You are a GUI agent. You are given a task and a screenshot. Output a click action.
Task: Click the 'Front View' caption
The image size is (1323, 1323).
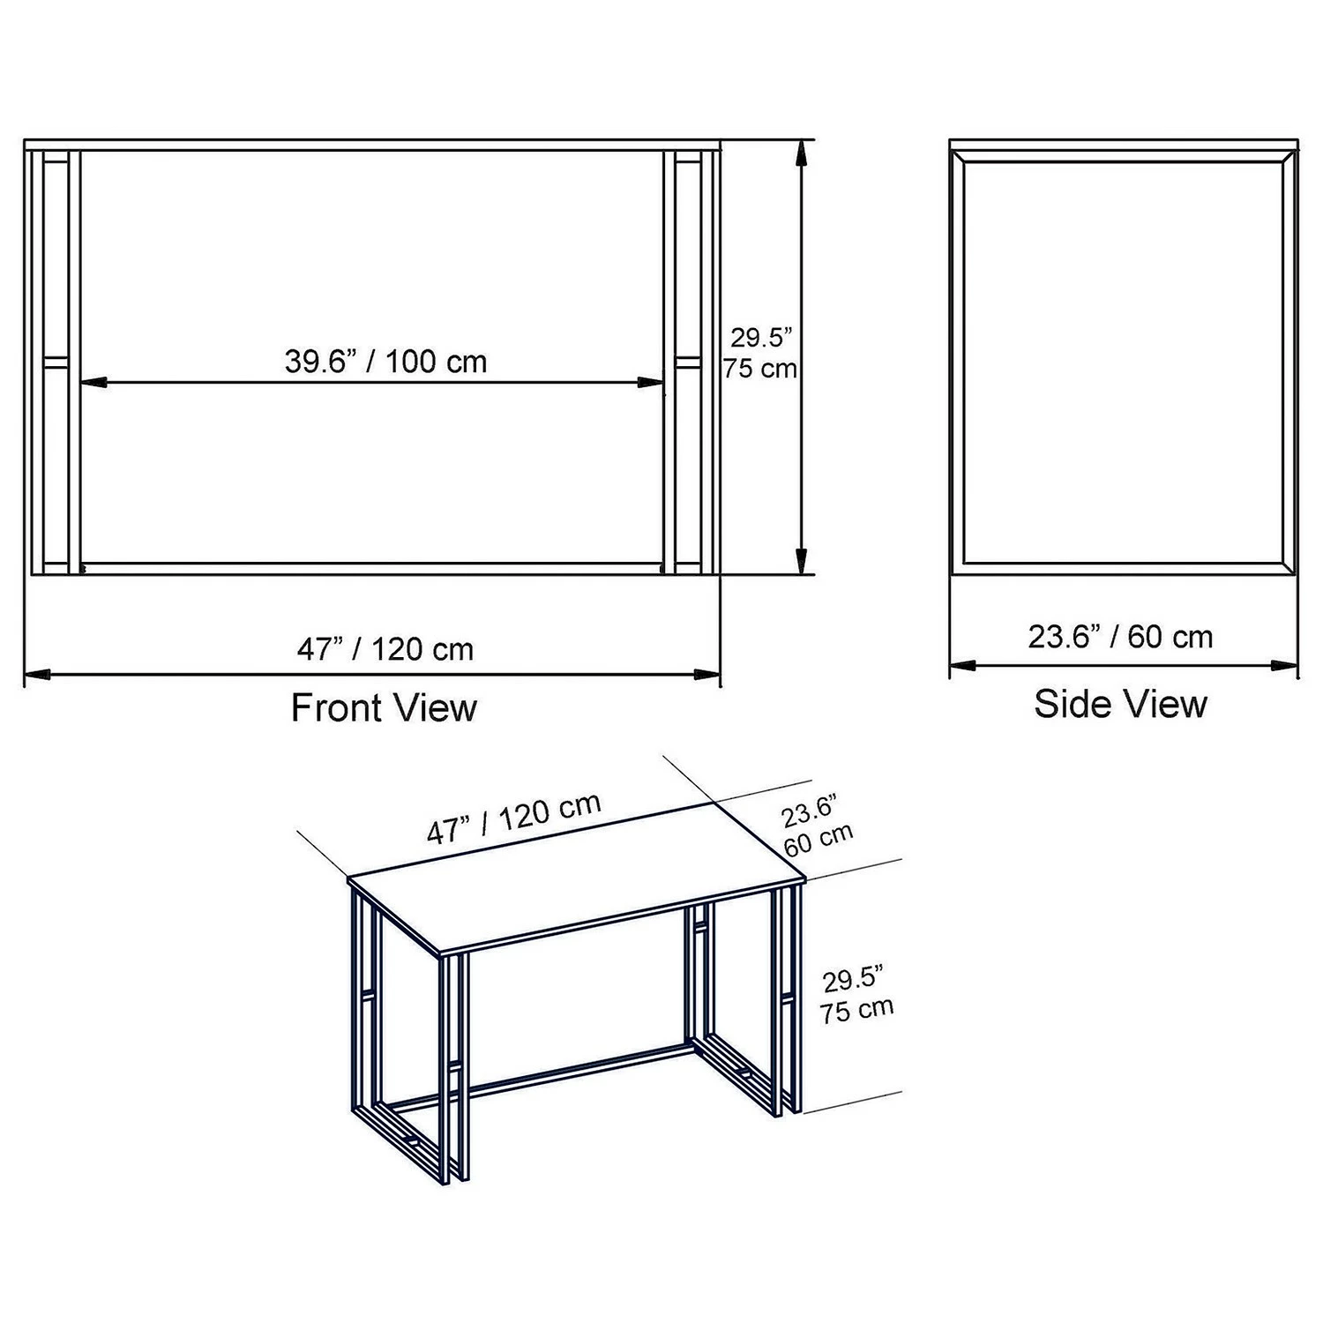tap(384, 707)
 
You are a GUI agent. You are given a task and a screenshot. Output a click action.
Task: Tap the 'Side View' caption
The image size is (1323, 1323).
tap(1120, 704)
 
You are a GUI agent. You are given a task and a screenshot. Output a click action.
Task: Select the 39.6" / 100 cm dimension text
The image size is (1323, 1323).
tap(385, 362)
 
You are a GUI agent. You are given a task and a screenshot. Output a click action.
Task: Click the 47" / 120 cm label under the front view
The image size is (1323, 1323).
tap(385, 649)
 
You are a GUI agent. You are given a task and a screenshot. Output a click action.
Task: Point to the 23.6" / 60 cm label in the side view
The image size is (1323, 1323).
tap(1120, 636)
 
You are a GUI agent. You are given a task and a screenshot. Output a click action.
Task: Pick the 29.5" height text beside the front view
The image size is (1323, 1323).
tap(761, 338)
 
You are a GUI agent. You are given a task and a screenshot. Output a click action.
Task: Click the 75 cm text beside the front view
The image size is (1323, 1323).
tap(759, 368)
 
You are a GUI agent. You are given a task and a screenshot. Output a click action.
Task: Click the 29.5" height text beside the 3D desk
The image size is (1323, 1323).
tap(853, 980)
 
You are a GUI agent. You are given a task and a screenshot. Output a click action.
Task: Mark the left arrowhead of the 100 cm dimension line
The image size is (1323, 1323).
tap(93, 383)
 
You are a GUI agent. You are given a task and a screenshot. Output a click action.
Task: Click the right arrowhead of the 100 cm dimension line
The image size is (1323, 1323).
tap(650, 383)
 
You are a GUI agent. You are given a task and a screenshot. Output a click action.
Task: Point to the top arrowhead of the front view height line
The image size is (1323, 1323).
tap(801, 153)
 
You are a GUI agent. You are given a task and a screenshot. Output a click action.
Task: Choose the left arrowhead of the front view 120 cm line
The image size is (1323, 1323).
tap(38, 675)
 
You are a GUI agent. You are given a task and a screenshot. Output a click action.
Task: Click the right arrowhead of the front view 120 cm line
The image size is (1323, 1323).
tap(706, 675)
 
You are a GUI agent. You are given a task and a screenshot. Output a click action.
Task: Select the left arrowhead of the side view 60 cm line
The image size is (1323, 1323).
tap(963, 665)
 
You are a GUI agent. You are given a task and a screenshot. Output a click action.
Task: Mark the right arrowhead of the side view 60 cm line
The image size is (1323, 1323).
tap(1284, 665)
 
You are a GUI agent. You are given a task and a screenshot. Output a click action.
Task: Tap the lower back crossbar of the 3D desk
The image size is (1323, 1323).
tap(540, 1073)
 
